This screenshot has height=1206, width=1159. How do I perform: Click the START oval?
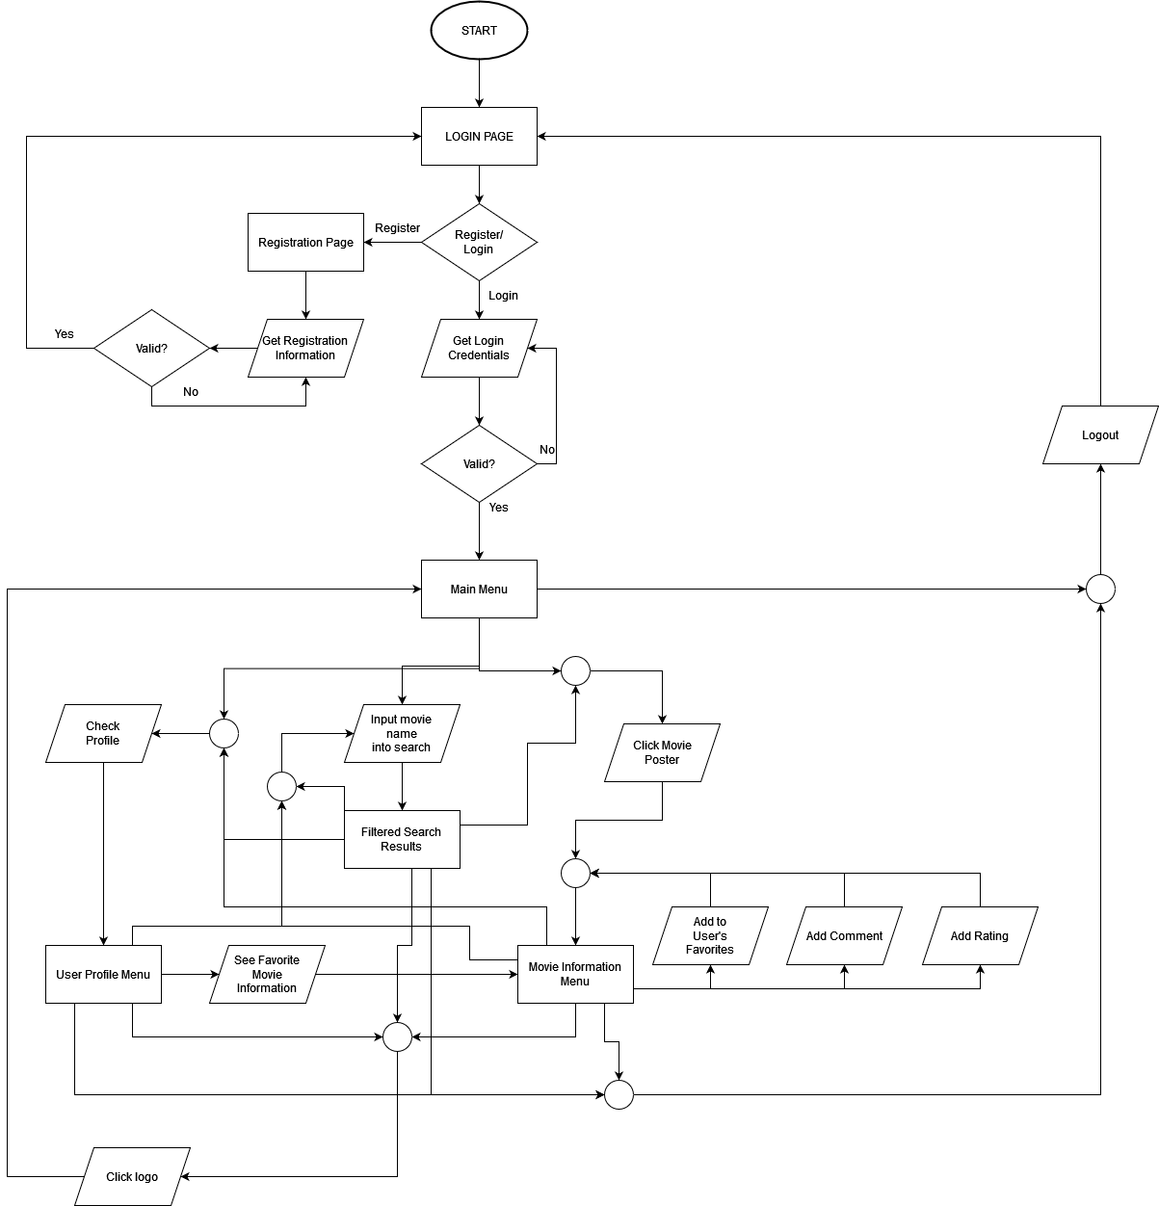[479, 31]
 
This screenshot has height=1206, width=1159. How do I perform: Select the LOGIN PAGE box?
[479, 137]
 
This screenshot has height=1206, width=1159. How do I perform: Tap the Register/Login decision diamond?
[479, 242]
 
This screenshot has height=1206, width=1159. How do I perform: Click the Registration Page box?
[305, 243]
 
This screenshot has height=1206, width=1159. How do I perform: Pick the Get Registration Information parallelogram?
[305, 348]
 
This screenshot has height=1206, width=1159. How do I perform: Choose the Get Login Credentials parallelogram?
[479, 348]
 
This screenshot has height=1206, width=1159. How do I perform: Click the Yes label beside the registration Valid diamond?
[64, 334]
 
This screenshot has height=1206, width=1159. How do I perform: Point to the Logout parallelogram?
[1100, 435]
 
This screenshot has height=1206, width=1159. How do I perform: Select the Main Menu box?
[479, 590]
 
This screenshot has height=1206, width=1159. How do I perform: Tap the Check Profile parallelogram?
[103, 734]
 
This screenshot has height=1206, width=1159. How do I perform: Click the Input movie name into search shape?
[402, 734]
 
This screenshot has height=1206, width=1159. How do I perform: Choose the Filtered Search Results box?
[402, 840]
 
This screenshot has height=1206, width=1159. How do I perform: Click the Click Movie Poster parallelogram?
[662, 753]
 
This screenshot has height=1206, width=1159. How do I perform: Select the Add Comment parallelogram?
[844, 936]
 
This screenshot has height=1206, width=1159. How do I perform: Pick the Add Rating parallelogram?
[980, 936]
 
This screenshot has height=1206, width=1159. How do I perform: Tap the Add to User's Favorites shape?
[710, 936]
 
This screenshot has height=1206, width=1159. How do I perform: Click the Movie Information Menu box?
[575, 975]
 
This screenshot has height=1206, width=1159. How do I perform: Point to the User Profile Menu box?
[103, 975]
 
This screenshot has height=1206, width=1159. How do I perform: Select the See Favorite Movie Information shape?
[267, 975]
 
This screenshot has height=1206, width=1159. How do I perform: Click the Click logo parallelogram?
[132, 1177]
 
